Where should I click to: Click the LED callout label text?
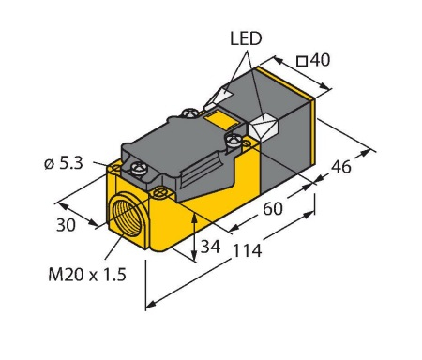(246, 38)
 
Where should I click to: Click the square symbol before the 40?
(302, 61)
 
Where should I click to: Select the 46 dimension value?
(341, 167)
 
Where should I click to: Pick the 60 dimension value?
(273, 208)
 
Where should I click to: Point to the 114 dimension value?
(247, 250)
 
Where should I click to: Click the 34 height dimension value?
(210, 247)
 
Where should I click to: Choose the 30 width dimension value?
(66, 225)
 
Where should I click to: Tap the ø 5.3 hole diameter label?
(64, 163)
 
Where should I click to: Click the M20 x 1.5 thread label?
(87, 275)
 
